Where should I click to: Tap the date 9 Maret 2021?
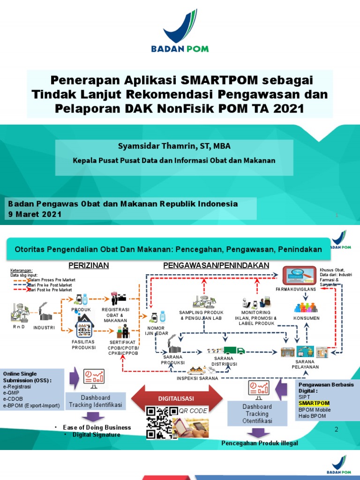point(34,214)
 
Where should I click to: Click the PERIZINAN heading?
point(89,265)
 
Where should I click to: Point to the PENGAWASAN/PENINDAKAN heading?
point(216,265)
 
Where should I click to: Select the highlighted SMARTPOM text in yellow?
point(314,403)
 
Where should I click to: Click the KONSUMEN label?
point(306,318)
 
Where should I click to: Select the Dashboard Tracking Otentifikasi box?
point(257,414)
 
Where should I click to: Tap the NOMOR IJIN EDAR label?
point(156,330)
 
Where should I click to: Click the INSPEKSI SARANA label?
point(198,378)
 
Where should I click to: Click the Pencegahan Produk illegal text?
point(259,443)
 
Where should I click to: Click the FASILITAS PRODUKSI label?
point(84,345)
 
